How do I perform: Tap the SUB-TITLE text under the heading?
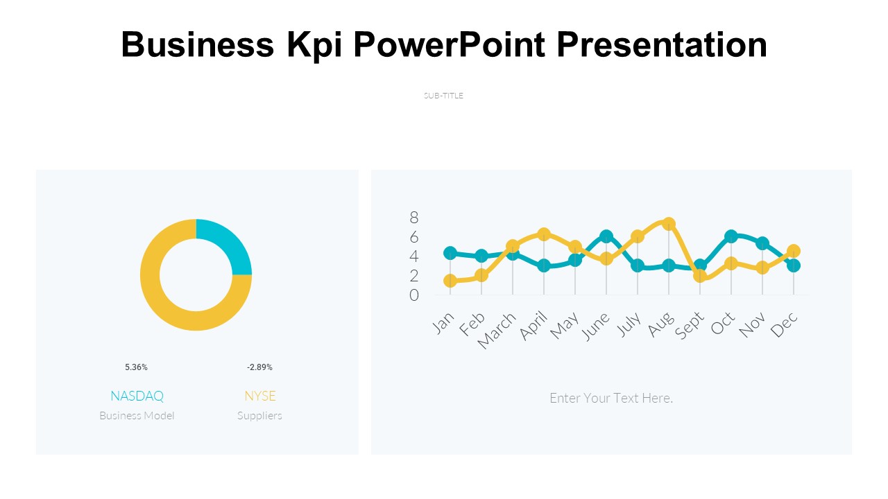click(x=443, y=96)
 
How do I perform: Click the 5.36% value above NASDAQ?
click(x=136, y=367)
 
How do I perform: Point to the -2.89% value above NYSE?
click(x=259, y=367)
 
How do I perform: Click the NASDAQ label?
click(x=137, y=396)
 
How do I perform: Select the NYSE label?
click(x=259, y=396)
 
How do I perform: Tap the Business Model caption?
click(x=137, y=416)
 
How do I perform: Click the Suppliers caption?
click(x=259, y=416)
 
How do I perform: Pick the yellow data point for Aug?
click(x=669, y=224)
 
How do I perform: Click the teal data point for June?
click(x=606, y=236)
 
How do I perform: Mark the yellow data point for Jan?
click(x=450, y=281)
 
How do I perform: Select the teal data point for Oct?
click(x=731, y=236)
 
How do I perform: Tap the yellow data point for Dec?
click(x=794, y=251)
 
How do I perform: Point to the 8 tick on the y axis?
click(x=414, y=218)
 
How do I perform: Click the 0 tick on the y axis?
click(x=414, y=295)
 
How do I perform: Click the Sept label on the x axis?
click(x=690, y=325)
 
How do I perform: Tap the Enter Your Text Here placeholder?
click(x=611, y=398)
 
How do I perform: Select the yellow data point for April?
click(x=544, y=234)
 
